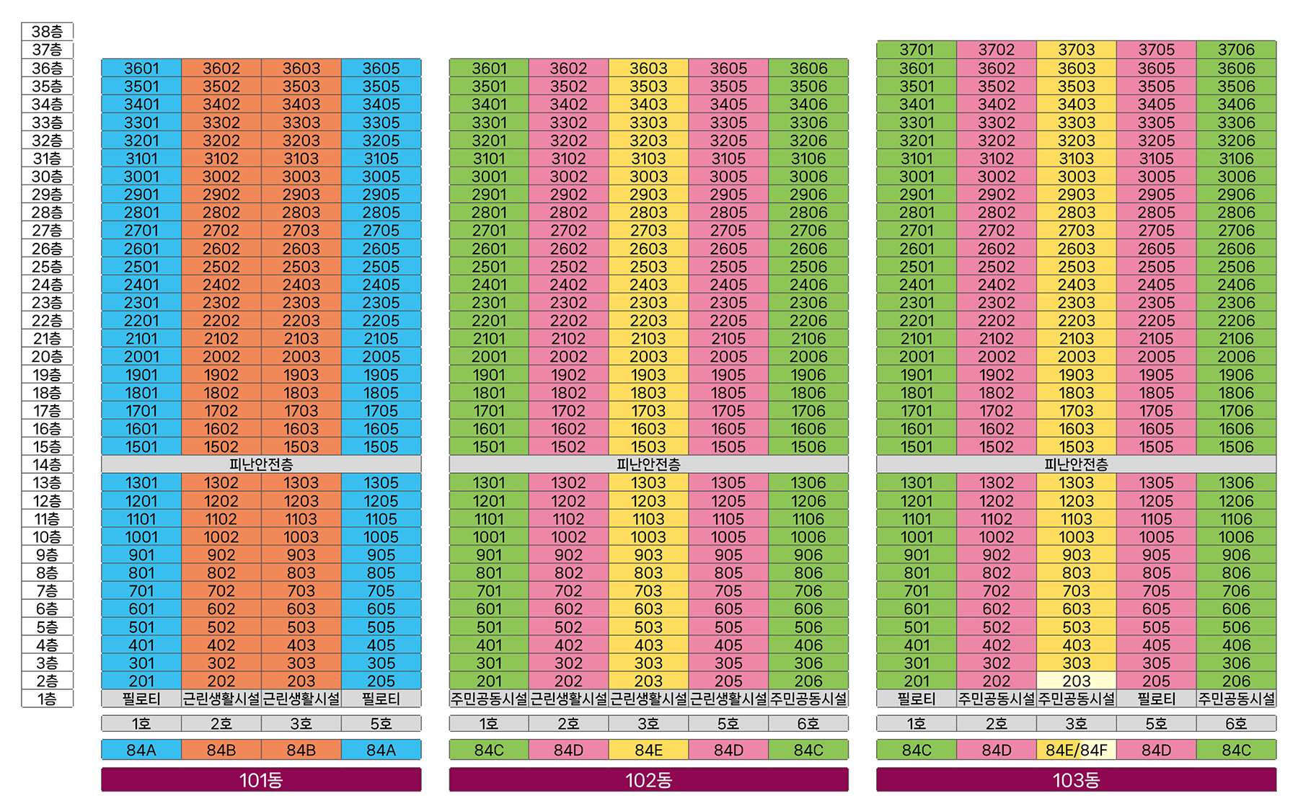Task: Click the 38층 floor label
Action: click(x=47, y=32)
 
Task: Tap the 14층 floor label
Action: click(x=47, y=465)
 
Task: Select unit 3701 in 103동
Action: click(x=917, y=50)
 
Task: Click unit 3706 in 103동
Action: click(x=1236, y=50)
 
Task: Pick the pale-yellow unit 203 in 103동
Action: click(x=1076, y=681)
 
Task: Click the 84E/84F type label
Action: click(x=1076, y=750)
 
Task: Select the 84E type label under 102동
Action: click(x=648, y=750)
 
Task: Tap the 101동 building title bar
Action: click(x=261, y=780)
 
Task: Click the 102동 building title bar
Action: click(x=648, y=780)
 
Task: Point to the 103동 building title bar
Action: click(x=1076, y=780)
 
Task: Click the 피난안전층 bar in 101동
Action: click(x=261, y=465)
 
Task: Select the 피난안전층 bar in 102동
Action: click(x=648, y=465)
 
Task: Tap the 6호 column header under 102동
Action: click(x=808, y=723)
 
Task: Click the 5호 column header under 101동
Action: click(x=381, y=723)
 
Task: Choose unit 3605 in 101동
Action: click(x=381, y=68)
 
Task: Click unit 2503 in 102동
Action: click(x=648, y=266)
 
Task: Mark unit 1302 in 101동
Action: click(x=221, y=482)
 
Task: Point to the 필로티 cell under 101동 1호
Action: click(x=141, y=699)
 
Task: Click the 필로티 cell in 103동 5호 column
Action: click(x=1156, y=699)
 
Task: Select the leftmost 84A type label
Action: click(x=141, y=750)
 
